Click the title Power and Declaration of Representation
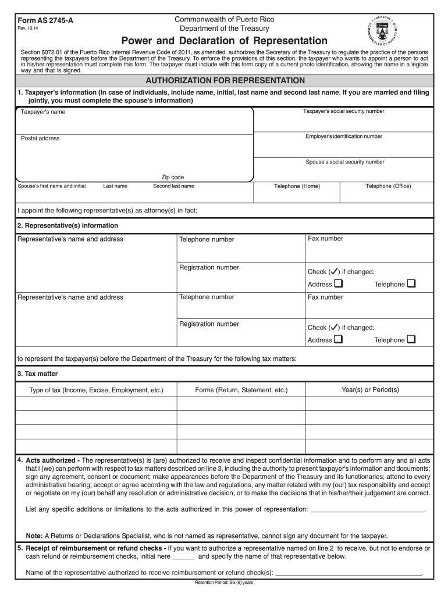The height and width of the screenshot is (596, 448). pyautogui.click(x=224, y=41)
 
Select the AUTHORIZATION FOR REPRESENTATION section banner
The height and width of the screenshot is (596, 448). pyautogui.click(x=225, y=80)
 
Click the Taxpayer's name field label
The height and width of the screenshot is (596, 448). pyautogui.click(x=43, y=112)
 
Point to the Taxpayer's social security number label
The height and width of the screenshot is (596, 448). pyautogui.click(x=343, y=111)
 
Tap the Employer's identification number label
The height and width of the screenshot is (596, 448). pyautogui.click(x=344, y=136)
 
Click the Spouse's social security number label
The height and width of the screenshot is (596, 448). pyautogui.click(x=345, y=162)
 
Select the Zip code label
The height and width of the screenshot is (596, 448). pyautogui.click(x=172, y=178)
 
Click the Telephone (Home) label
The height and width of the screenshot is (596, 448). pyautogui.click(x=297, y=186)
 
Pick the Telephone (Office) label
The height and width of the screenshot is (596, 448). pyautogui.click(x=388, y=186)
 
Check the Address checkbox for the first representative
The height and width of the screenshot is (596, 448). pyautogui.click(x=339, y=284)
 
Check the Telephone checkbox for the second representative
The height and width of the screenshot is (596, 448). pyautogui.click(x=412, y=339)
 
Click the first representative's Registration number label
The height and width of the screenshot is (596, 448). pyautogui.click(x=209, y=268)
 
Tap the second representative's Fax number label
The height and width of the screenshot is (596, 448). pyautogui.click(x=325, y=297)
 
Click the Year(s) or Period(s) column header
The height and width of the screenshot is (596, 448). pyautogui.click(x=370, y=389)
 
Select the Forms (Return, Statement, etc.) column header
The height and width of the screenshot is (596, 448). pyautogui.click(x=241, y=390)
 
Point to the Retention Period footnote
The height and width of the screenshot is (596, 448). pyautogui.click(x=224, y=583)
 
